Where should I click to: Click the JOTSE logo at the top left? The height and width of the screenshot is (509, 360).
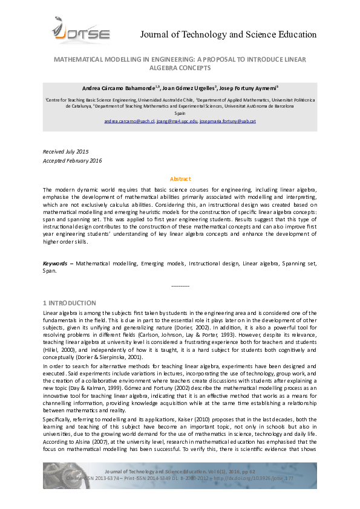[x=81, y=30]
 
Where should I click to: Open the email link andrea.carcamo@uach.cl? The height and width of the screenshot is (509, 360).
[x=129, y=121]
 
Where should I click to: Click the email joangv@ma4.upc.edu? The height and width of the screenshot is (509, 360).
[x=177, y=121]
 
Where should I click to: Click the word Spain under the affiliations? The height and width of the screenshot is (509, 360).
[x=180, y=113]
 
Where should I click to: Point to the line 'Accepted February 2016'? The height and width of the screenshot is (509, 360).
[x=73, y=160]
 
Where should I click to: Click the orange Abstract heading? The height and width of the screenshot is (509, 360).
[x=180, y=179]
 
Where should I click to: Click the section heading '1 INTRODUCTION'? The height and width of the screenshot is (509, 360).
[x=69, y=303]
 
